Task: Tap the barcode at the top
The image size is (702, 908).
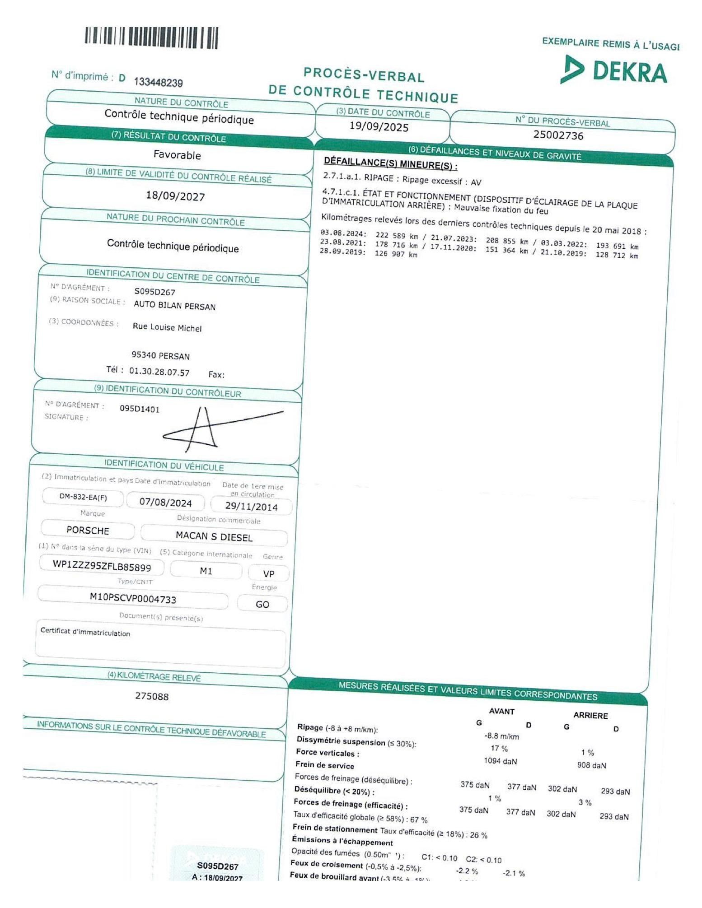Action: point(151,38)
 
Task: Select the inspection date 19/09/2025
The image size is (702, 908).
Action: point(379,127)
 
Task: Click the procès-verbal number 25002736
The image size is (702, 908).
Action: point(558,135)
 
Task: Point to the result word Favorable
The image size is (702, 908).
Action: point(177,155)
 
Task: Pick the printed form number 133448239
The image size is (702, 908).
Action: point(158,82)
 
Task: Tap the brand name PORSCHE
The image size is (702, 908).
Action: point(88,530)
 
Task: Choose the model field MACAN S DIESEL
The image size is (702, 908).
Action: point(214,536)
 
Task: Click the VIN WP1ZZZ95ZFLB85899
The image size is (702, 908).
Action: point(102,566)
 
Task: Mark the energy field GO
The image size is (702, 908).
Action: point(262,604)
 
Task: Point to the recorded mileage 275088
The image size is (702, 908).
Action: point(152,696)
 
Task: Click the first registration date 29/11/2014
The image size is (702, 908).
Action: point(251,507)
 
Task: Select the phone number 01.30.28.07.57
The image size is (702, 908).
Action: point(159,372)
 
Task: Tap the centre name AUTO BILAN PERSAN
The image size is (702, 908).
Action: point(174,306)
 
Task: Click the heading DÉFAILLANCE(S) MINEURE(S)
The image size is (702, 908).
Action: point(390,163)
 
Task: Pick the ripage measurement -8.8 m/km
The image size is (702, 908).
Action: point(501,736)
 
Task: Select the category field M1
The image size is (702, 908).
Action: point(206,571)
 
